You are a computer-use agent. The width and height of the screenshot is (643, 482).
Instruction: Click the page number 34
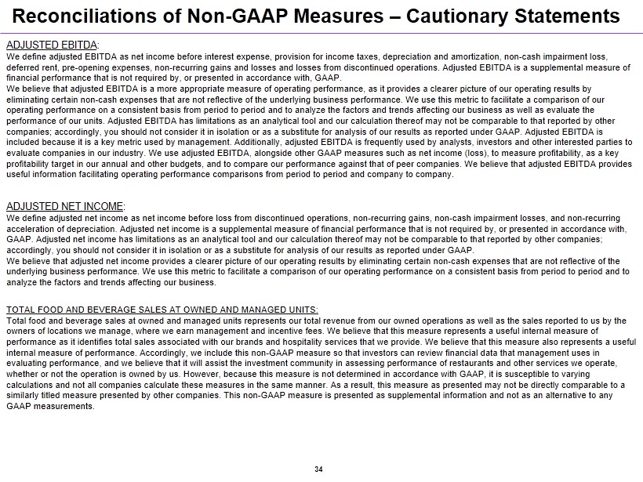coord(318,469)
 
